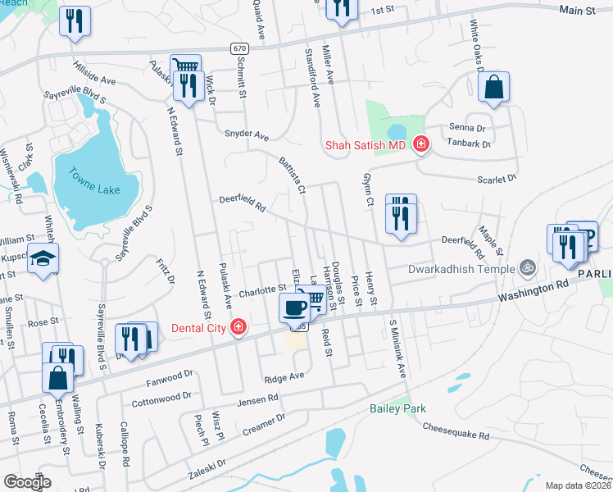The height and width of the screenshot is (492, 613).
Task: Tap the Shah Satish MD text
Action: [366, 145]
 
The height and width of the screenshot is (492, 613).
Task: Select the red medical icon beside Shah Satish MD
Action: [420, 145]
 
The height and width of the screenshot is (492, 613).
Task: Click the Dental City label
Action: [193, 328]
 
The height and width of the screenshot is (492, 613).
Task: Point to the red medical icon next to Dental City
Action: [238, 328]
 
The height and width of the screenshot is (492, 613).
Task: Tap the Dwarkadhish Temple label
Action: [463, 267]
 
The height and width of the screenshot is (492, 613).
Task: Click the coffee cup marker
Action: [294, 307]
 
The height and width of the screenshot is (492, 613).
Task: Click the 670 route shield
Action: [238, 49]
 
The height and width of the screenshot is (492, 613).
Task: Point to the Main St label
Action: [577, 10]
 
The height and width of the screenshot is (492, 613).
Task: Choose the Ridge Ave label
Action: [284, 376]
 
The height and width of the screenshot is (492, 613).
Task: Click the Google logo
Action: [27, 482]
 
